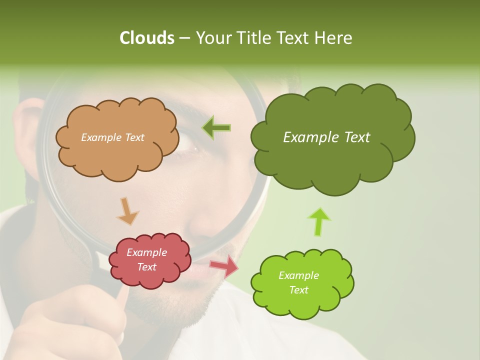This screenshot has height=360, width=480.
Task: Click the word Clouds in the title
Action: click(x=146, y=38)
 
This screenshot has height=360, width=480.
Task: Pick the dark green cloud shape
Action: click(x=330, y=160)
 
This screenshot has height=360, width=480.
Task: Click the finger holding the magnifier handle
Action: click(x=120, y=300)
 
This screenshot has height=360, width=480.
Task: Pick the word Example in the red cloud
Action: click(x=147, y=252)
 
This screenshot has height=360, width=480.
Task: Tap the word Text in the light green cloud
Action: click(x=298, y=290)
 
